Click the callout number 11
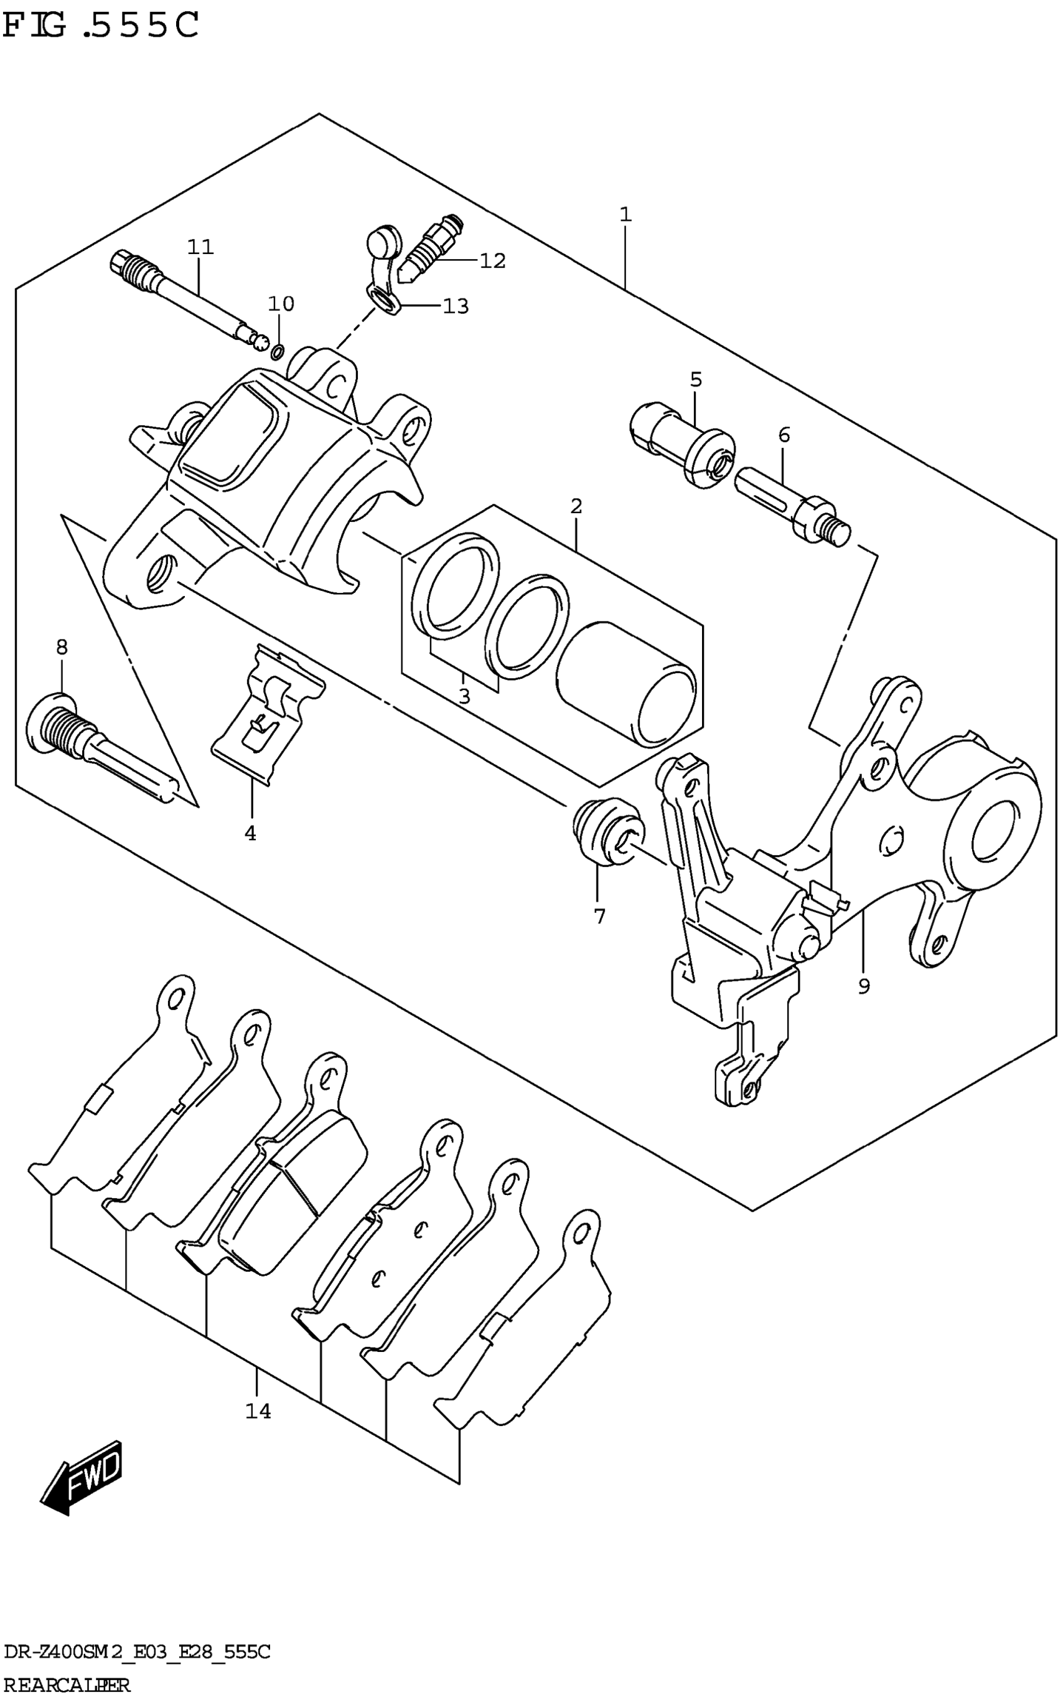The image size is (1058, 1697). (200, 247)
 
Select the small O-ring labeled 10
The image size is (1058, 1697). (277, 351)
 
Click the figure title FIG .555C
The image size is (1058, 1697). (101, 26)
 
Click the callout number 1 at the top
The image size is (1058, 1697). (625, 214)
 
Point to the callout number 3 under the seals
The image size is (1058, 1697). (464, 697)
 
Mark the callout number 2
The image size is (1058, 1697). (576, 506)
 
